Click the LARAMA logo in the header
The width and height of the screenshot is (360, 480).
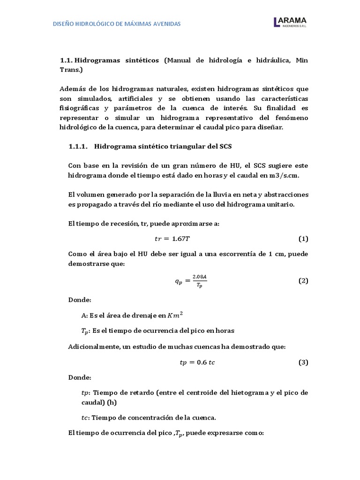click(x=290, y=22)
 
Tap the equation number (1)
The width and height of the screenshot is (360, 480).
click(x=303, y=239)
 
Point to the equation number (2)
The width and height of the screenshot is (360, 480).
click(x=303, y=281)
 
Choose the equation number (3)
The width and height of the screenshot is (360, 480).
click(x=303, y=362)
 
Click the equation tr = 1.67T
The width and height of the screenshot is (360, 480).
click(x=172, y=239)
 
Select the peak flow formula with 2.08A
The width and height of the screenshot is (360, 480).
click(x=187, y=281)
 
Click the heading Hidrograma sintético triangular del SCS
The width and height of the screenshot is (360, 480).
click(x=163, y=146)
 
